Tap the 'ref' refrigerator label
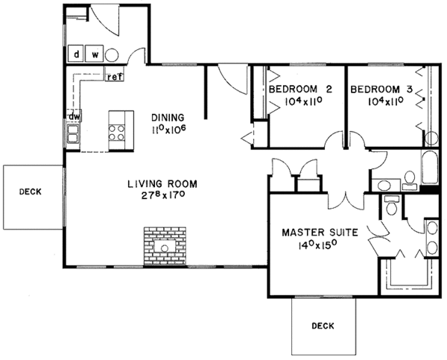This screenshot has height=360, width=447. click(x=114, y=76)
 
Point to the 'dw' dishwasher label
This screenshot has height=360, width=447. click(x=74, y=117)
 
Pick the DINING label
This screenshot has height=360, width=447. click(x=166, y=118)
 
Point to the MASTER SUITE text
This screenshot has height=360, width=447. click(x=319, y=233)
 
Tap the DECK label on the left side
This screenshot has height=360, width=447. click(x=30, y=192)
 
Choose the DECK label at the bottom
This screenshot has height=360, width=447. click(x=323, y=326)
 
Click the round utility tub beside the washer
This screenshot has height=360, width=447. click(x=112, y=54)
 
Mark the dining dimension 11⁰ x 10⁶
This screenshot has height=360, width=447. click(x=166, y=130)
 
